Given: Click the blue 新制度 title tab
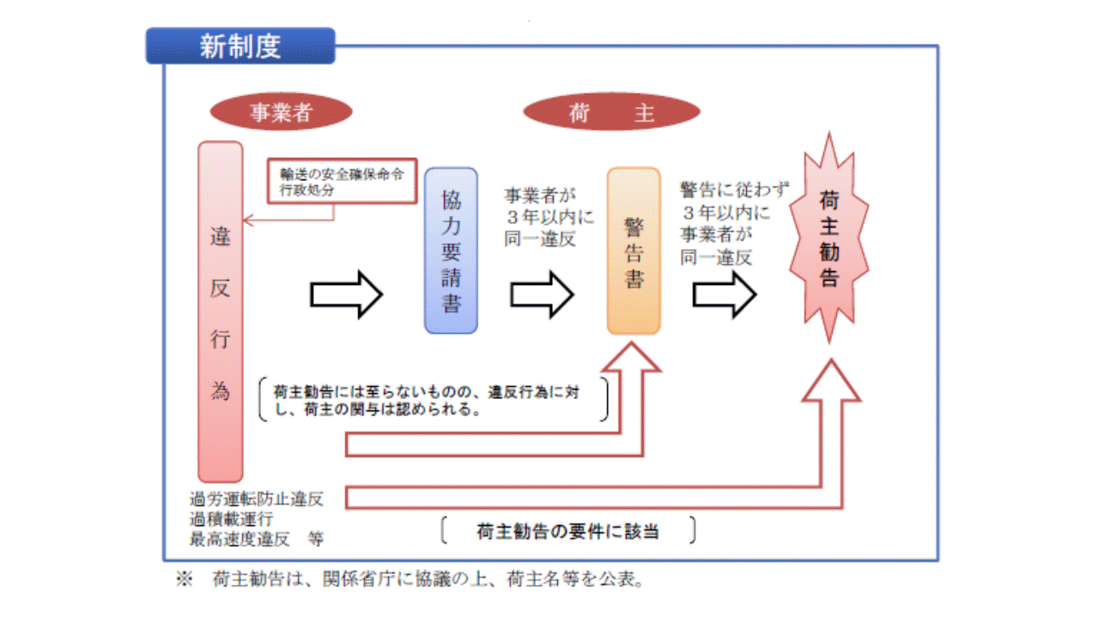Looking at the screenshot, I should pyautogui.click(x=240, y=45).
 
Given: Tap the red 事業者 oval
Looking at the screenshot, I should pyautogui.click(x=280, y=112).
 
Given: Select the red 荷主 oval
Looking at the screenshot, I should pyautogui.click(x=610, y=112).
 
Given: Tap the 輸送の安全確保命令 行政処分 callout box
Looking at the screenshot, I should pyautogui.click(x=341, y=180).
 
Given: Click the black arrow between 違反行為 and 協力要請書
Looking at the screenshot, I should pyautogui.click(x=345, y=294).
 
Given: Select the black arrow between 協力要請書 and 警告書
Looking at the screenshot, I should pyautogui.click(x=542, y=294).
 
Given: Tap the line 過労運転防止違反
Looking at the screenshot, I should pyautogui.click(x=257, y=499).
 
